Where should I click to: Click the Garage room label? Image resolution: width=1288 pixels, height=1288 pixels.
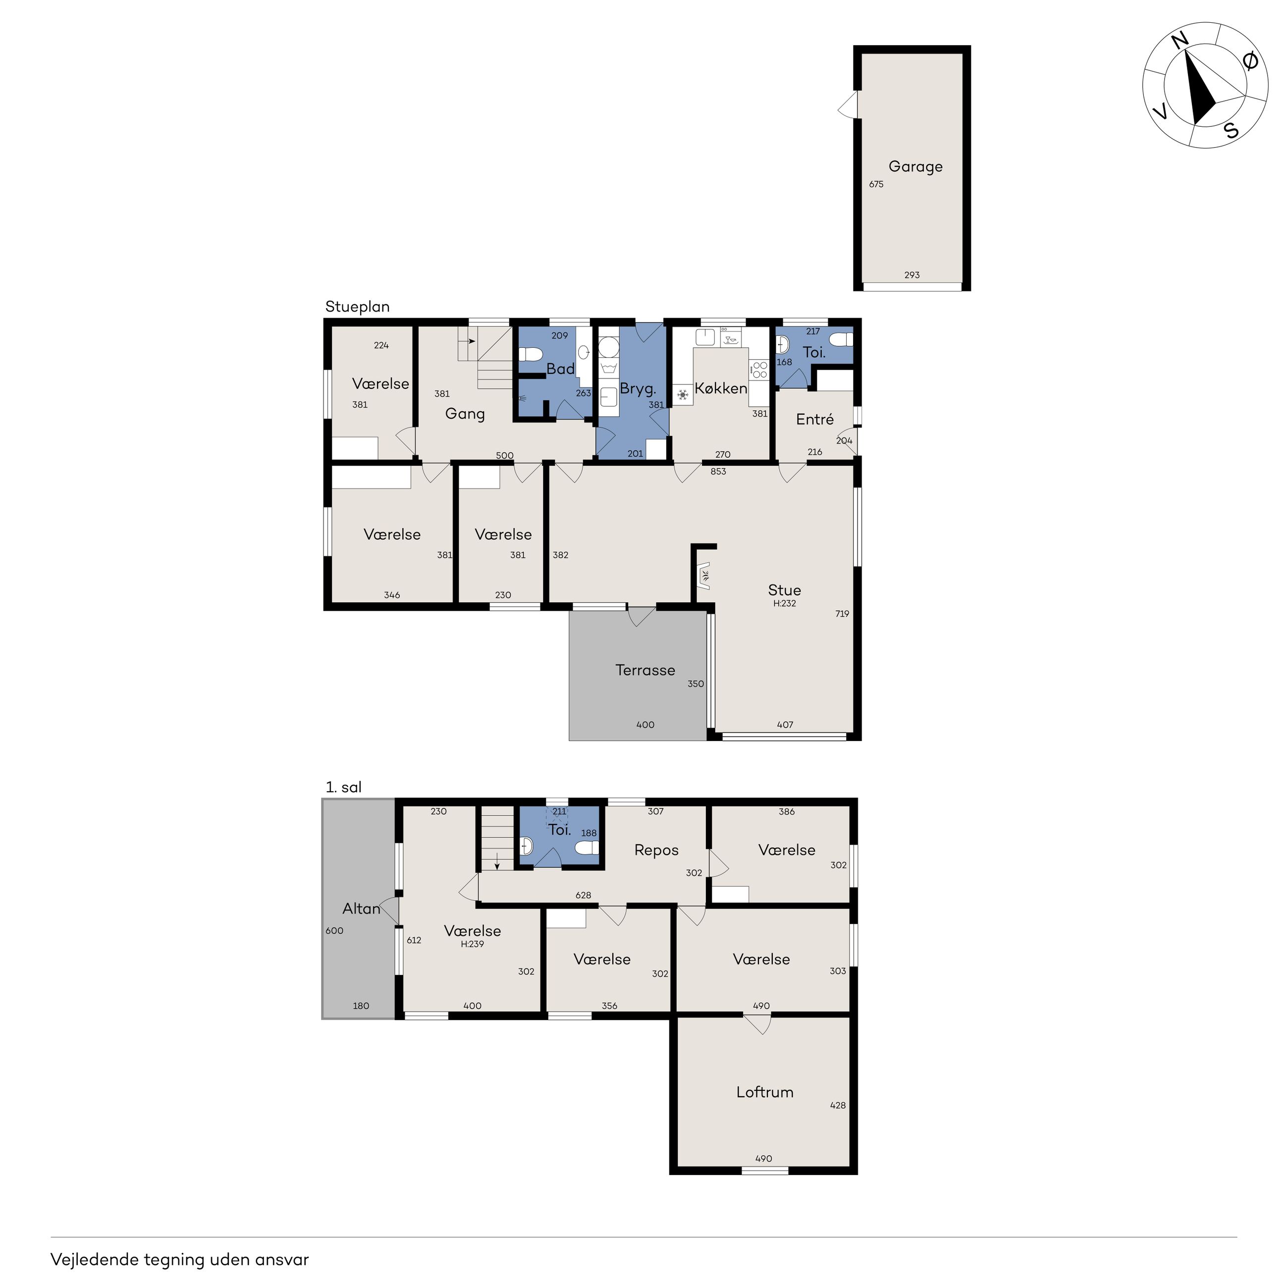[915, 166]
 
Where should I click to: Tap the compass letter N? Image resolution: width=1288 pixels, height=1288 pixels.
[1180, 42]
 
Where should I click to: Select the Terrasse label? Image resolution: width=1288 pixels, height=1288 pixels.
[644, 670]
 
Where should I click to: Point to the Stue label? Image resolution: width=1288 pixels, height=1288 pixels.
[784, 590]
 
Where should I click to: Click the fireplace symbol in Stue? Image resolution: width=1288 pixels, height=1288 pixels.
[704, 574]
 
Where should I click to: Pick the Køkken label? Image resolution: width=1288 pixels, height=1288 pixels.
[721, 388]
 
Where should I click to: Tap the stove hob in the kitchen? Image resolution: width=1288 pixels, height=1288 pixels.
[758, 370]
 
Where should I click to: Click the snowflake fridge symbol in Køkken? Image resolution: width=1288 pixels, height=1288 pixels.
[683, 395]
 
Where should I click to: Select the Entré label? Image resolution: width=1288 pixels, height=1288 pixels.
[815, 419]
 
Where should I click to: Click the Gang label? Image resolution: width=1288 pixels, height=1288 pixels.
[465, 414]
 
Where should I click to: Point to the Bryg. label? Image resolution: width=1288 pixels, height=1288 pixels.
[638, 389]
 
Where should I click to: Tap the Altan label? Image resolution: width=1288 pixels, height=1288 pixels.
[361, 909]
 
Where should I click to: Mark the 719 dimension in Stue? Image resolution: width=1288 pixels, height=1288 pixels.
[842, 614]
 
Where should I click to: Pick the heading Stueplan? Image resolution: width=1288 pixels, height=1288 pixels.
[357, 307]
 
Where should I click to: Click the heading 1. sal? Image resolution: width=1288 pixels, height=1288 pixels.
[343, 787]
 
